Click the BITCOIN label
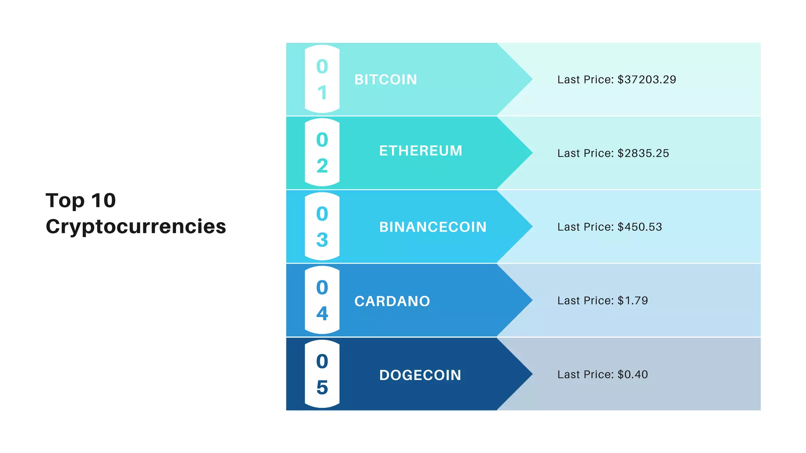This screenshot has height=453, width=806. [385, 79]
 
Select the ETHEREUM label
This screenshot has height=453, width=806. [420, 151]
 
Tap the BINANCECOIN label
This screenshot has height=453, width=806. [433, 227]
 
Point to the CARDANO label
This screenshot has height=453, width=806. [392, 301]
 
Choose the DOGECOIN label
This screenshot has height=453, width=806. [420, 375]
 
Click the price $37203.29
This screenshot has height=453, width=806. [647, 79]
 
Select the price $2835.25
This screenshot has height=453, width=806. [643, 153]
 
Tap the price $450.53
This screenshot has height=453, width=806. [640, 227]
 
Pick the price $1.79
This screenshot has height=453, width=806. [632, 300]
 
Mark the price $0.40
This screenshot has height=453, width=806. [632, 374]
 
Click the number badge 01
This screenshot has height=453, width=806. [322, 79]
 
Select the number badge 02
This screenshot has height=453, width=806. [322, 153]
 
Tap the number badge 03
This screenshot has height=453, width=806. [322, 226]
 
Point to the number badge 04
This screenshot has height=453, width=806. [322, 300]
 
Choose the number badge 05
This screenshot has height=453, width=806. [322, 374]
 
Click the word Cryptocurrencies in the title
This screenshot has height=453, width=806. [136, 226]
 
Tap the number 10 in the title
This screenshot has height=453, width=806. [103, 201]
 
